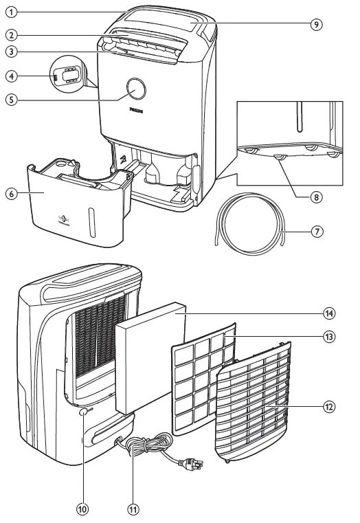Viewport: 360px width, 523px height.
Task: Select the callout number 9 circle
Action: coord(316,23)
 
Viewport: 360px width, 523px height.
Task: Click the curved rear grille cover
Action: coord(261,412)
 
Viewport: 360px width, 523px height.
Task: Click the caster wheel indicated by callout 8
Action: coord(278,159)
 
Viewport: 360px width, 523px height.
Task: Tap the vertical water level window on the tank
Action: coord(90,223)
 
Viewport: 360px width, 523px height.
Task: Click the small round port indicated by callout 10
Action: coord(83,413)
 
